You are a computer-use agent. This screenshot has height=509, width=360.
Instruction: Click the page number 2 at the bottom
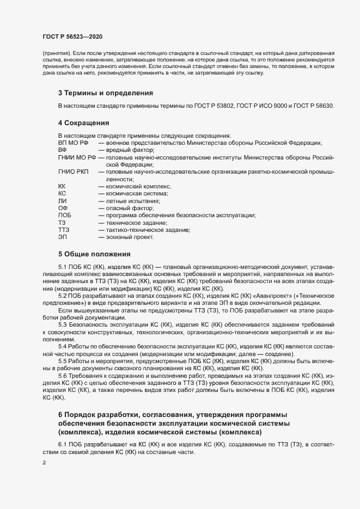pyautogui.click(x=44, y=463)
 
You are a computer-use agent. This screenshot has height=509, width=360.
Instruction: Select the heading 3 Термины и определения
pyautogui.click(x=105, y=93)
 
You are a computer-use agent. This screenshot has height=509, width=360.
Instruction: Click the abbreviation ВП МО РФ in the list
pyautogui.click(x=73, y=143)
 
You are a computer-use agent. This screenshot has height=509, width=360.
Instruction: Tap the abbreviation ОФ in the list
pyautogui.click(x=63, y=208)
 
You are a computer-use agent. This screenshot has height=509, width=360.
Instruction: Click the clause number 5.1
pyautogui.click(x=63, y=267)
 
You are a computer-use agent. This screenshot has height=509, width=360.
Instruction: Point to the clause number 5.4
pyautogui.click(x=63, y=346)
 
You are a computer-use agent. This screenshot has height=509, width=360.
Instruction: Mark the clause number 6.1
pyautogui.click(x=63, y=431)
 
